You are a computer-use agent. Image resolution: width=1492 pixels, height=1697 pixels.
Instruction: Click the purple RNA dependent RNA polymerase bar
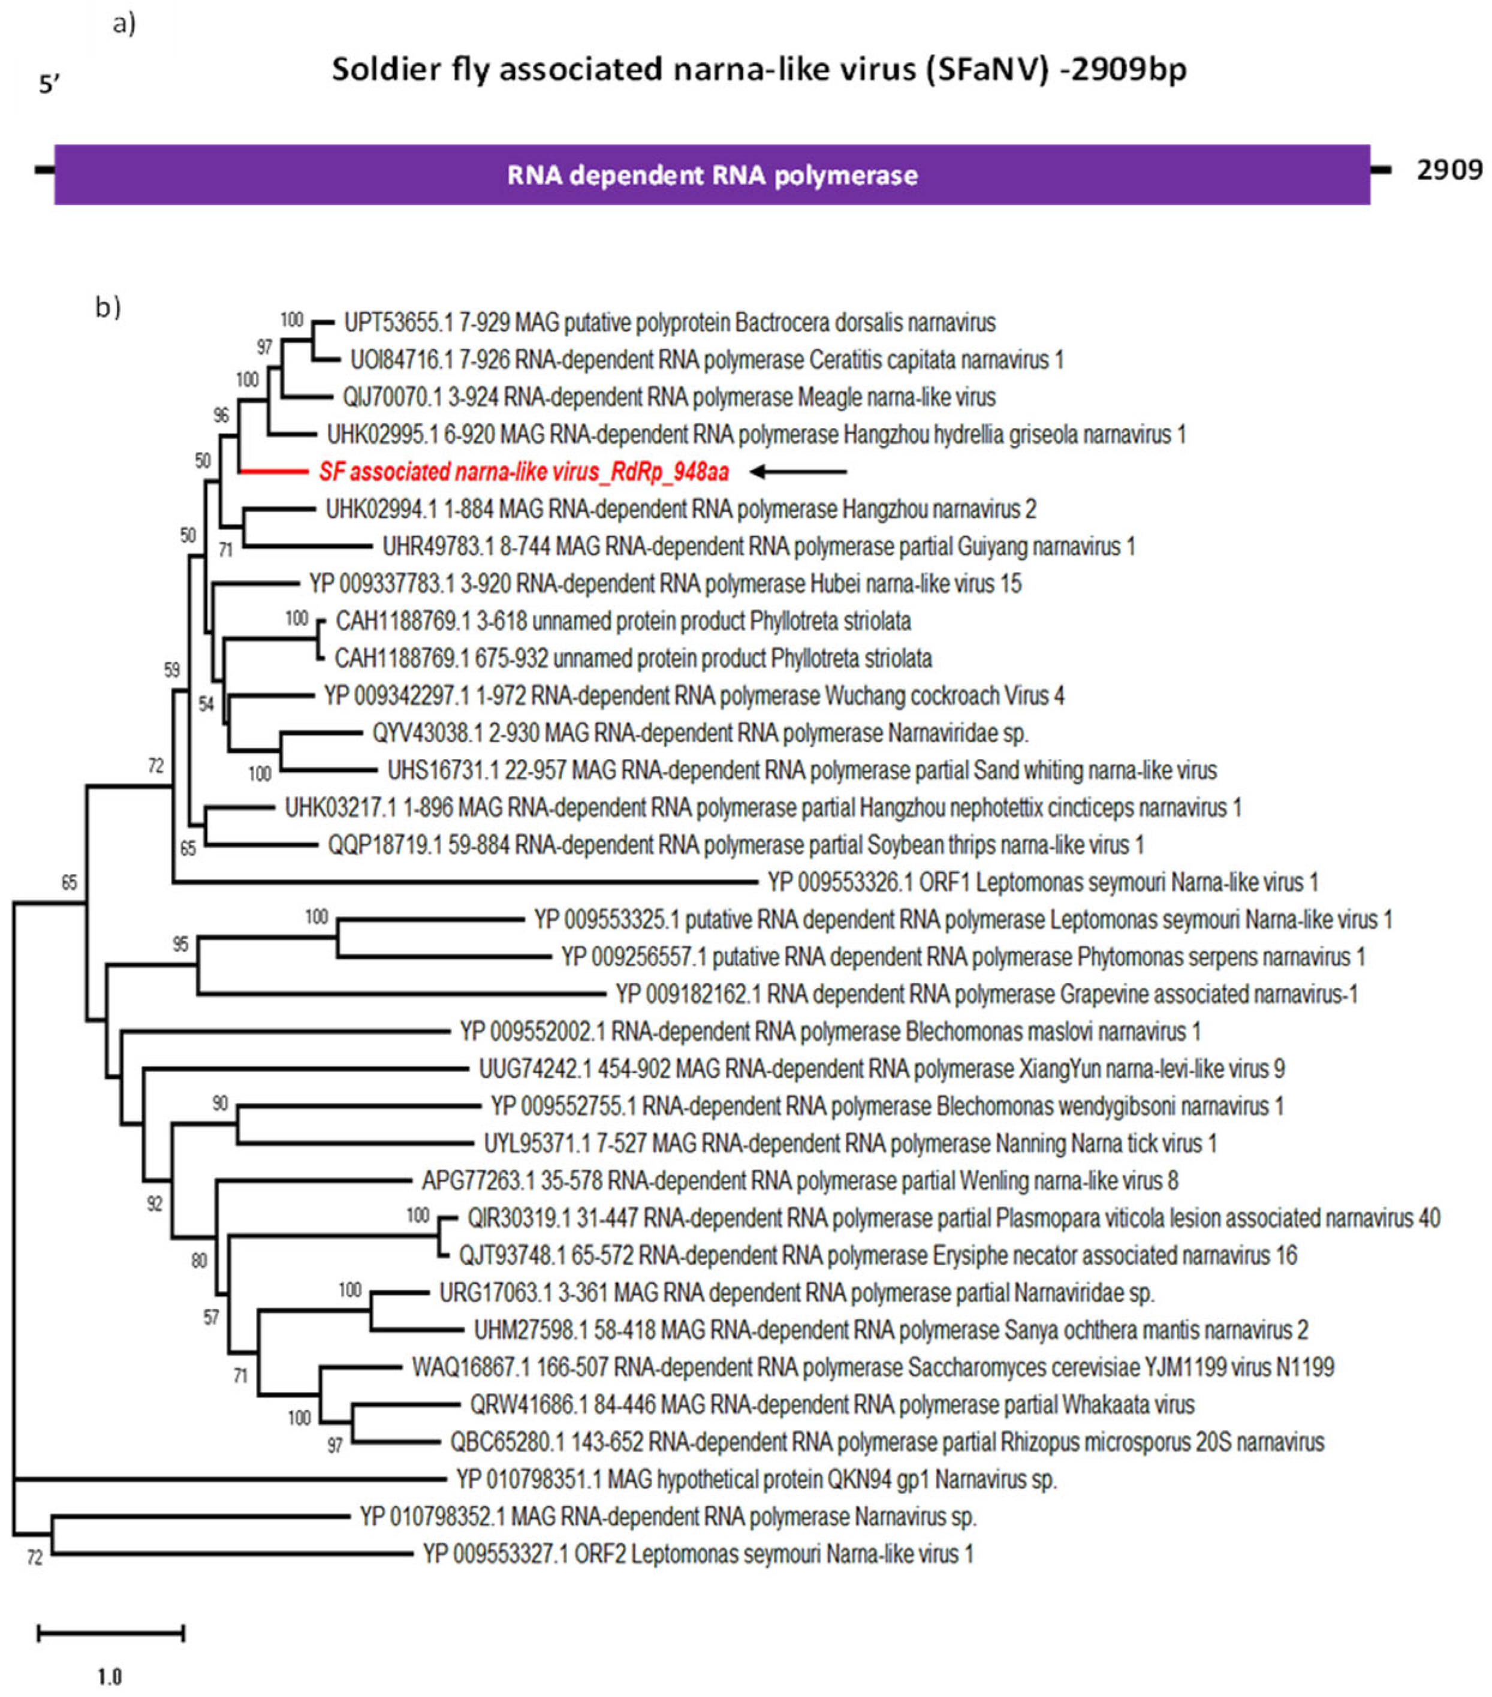coord(712,174)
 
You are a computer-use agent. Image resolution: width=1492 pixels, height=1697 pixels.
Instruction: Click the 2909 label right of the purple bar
coord(1449,170)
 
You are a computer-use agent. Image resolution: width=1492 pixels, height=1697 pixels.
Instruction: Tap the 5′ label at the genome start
coord(50,85)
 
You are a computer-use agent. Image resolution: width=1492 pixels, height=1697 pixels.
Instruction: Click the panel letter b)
coord(108,307)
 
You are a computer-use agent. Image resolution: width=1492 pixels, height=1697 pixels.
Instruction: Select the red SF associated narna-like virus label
coord(524,472)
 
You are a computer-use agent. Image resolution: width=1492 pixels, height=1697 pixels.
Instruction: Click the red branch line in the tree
coord(274,472)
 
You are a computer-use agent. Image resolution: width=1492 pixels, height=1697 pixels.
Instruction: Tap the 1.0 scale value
coord(110,1676)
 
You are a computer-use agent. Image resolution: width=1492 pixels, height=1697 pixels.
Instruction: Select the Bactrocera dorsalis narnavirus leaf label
coord(669,322)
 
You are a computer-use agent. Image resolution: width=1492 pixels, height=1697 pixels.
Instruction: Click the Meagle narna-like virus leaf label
coord(669,397)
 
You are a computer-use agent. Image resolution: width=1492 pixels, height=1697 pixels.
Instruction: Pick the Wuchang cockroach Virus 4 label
coord(694,696)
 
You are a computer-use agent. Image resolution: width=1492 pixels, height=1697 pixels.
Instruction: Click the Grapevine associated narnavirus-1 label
coord(985,994)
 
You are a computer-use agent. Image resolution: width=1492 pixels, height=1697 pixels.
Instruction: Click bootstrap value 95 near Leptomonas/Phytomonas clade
coord(180,944)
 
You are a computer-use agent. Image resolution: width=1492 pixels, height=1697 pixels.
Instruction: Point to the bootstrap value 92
coord(155,1204)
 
